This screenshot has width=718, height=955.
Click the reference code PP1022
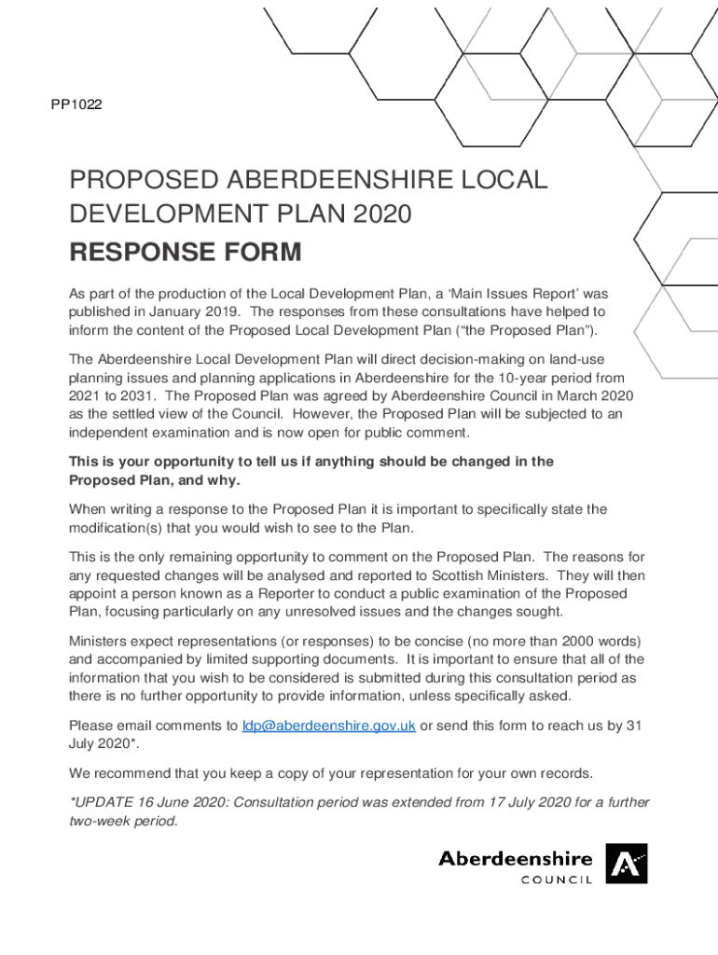(x=76, y=105)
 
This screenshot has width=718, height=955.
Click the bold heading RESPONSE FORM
(x=185, y=252)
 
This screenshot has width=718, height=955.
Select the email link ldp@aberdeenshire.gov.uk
(x=328, y=727)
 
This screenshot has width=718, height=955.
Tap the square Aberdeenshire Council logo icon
(x=626, y=864)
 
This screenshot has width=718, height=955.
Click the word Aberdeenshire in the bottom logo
(x=515, y=858)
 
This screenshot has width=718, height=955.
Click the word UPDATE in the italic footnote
(x=105, y=803)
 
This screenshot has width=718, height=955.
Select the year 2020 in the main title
(x=381, y=215)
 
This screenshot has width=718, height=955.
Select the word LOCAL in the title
(x=504, y=180)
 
